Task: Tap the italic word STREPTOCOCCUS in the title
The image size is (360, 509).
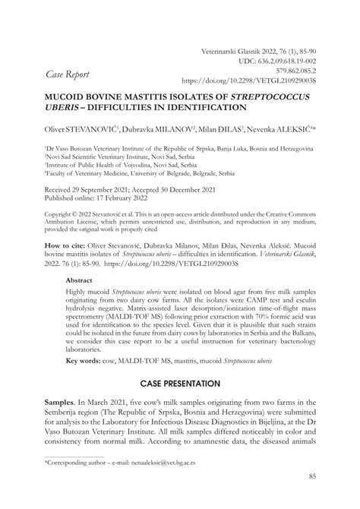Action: click(x=257, y=98)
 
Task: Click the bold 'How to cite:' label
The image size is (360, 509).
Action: click(x=65, y=248)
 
